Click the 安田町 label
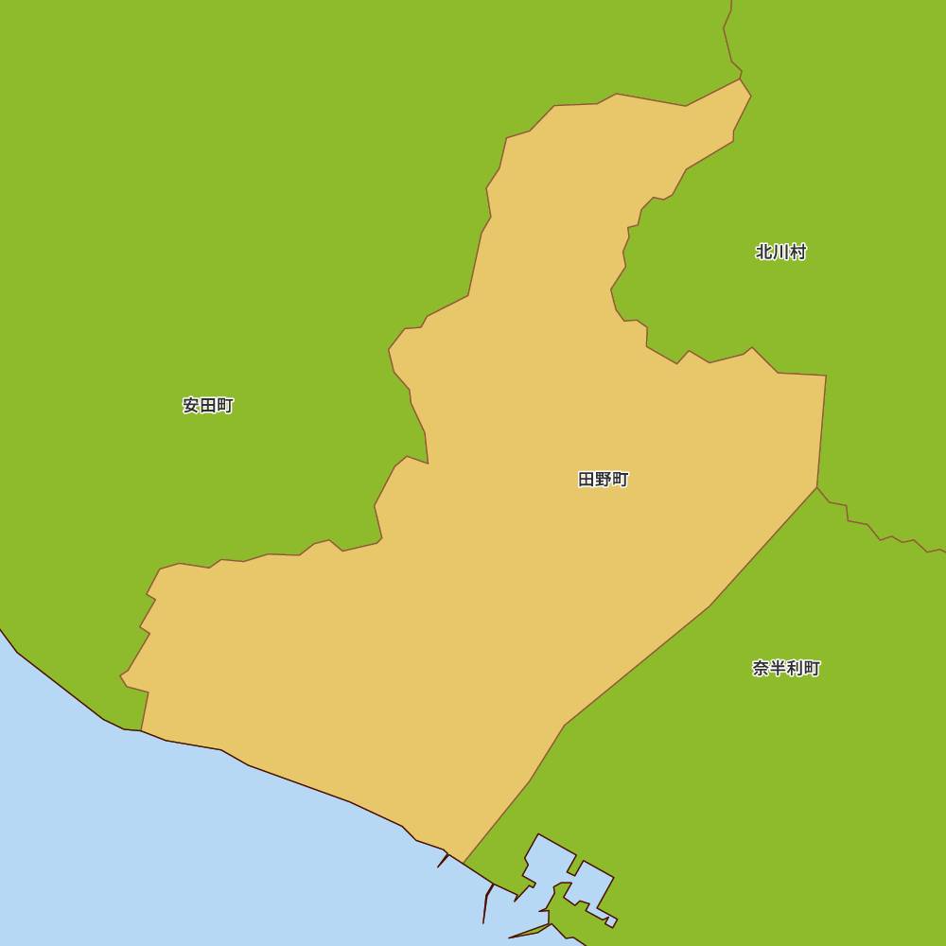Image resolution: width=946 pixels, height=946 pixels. (x=208, y=406)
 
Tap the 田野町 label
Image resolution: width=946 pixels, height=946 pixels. (x=604, y=480)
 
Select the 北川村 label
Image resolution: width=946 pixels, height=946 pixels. (x=780, y=253)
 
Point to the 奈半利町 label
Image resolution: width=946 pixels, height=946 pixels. (x=786, y=669)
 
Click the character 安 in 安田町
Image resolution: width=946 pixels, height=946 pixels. (x=191, y=406)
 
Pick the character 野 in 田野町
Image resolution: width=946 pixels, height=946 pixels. (x=604, y=480)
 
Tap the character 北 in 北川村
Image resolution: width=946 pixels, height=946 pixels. (x=764, y=253)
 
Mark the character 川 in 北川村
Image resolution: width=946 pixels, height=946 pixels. (x=780, y=253)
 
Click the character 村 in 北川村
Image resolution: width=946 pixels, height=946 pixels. (x=797, y=253)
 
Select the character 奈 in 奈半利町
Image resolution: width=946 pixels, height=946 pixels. (x=761, y=669)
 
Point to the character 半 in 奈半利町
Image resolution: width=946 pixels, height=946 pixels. (x=778, y=669)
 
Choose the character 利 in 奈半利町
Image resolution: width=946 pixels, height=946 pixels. (x=795, y=669)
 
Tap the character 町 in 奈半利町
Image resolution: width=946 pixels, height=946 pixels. (x=812, y=669)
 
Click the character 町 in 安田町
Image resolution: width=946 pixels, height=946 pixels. (x=225, y=406)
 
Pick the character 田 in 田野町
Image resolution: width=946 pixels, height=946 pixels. (x=587, y=480)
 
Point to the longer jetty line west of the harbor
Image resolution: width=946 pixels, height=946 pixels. (x=486, y=903)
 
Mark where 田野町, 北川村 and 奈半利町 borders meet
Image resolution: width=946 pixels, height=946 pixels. (x=817, y=487)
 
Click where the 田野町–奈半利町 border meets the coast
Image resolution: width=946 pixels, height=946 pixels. (x=464, y=863)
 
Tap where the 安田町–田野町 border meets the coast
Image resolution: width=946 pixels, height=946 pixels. (x=141, y=730)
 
